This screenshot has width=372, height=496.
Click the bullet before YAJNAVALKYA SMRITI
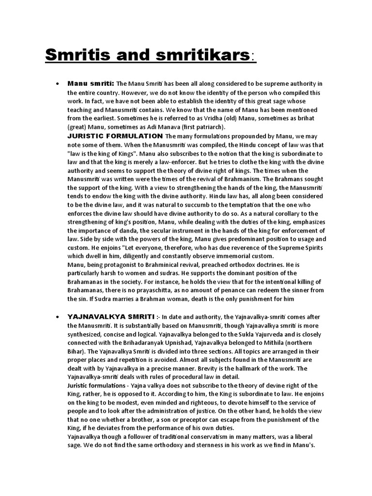tap(58, 316)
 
